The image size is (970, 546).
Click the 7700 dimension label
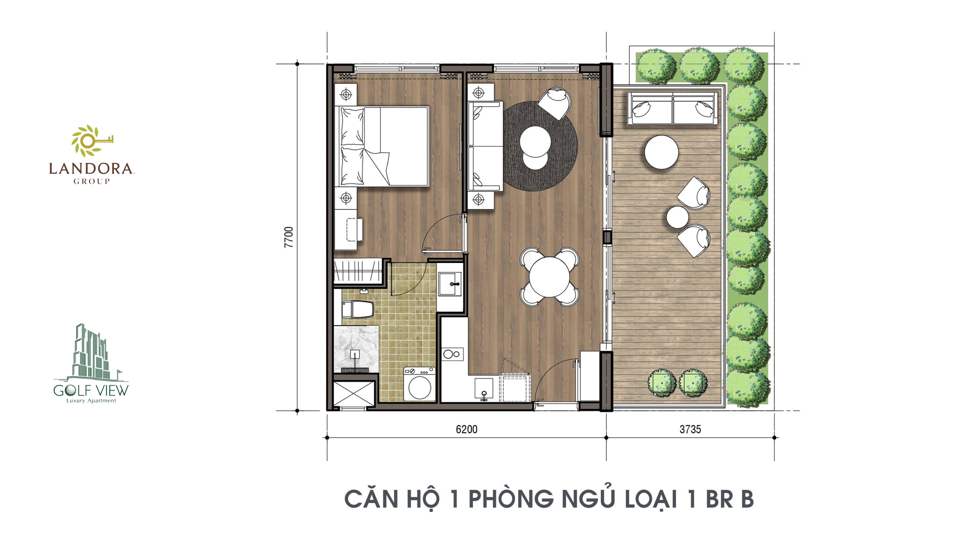tap(288, 237)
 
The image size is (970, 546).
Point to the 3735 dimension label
tap(690, 429)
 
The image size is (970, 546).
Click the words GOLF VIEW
tap(91, 390)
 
